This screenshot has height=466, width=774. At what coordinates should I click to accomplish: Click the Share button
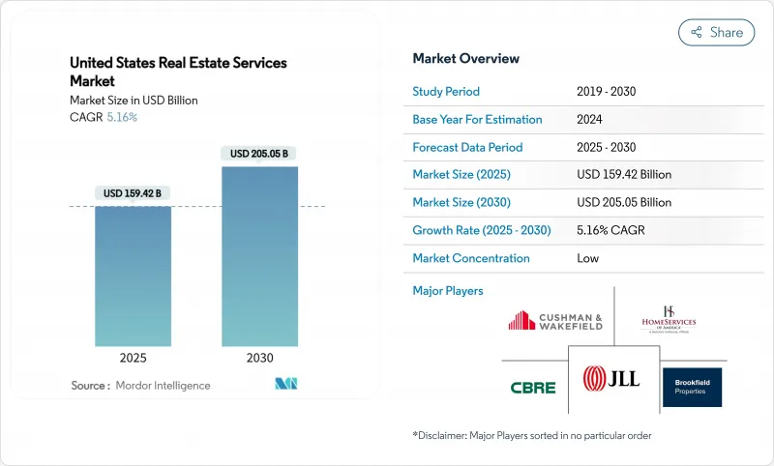pos(716,32)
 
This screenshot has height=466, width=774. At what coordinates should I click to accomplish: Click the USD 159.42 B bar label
pos(134,193)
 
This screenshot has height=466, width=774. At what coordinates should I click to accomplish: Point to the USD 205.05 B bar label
pos(259,154)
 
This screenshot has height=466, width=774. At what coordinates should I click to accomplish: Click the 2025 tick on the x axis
pos(134,358)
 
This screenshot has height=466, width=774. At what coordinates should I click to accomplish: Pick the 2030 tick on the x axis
pos(259,358)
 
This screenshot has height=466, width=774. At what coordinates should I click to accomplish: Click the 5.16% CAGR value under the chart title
pos(121,117)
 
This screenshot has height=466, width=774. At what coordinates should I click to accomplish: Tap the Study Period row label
pos(446,92)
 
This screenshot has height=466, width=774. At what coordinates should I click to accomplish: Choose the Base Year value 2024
pos(590,120)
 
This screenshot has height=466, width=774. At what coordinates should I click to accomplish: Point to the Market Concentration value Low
pos(587,258)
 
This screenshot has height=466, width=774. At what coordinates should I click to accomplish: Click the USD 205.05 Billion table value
pos(623,203)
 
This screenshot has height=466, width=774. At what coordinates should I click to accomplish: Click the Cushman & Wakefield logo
pos(555,320)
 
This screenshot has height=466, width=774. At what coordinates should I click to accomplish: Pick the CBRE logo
pos(533,388)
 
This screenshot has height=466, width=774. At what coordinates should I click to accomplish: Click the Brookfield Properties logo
pos(692,387)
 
